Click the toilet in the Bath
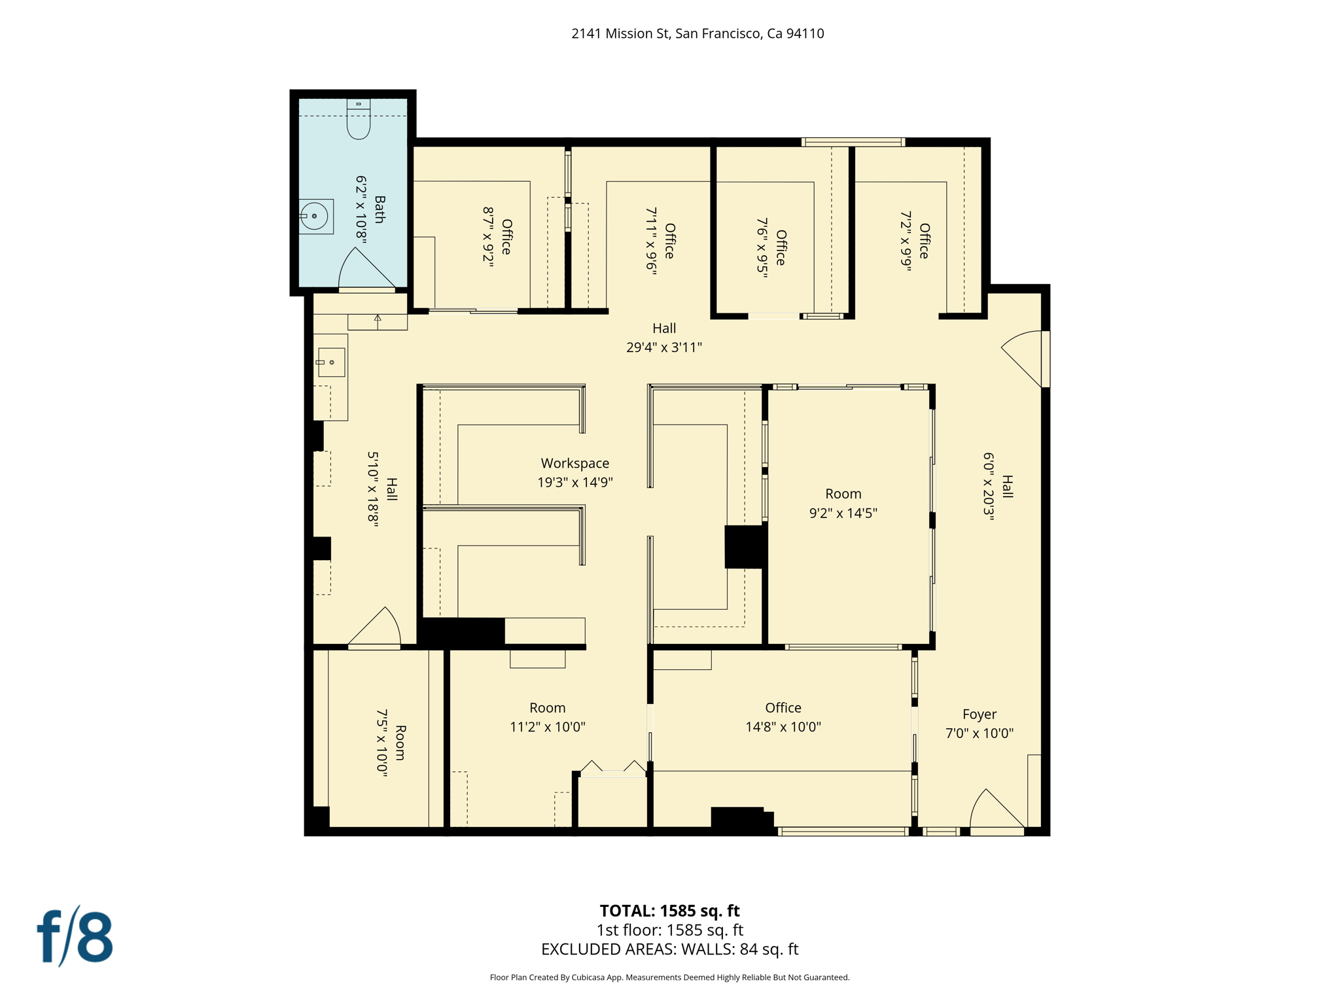pos(358,120)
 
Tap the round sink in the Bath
pos(315,216)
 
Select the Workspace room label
pos(574,463)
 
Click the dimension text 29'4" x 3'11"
pos(663,347)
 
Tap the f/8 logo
pos(75,937)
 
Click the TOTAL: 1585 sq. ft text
pos(669,911)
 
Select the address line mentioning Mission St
pos(697,33)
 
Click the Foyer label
pos(979,714)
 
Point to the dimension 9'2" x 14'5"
pos(843,513)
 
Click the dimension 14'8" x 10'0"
pos(783,727)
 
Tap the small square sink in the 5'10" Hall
pos(331,362)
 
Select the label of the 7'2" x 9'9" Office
pos(924,241)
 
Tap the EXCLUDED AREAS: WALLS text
pos(669,949)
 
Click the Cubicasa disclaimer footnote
pos(669,978)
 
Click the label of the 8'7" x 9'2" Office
pos(506,237)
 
